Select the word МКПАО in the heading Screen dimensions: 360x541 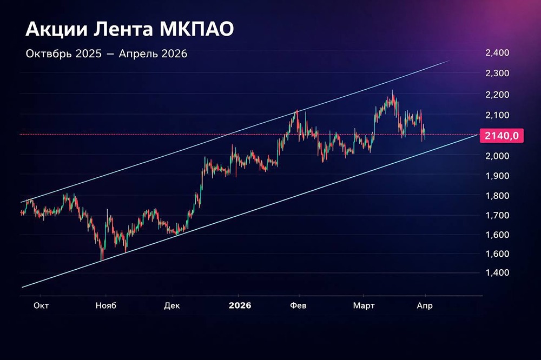click(x=196, y=30)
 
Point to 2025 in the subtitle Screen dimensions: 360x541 click(x=87, y=54)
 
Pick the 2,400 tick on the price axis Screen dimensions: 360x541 click(x=497, y=53)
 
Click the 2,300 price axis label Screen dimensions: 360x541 click(x=497, y=74)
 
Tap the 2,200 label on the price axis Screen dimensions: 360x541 click(x=497, y=95)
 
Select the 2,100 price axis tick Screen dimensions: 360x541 click(x=497, y=115)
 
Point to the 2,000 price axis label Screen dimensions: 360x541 click(x=497, y=156)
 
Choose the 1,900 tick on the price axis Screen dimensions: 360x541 click(x=497, y=176)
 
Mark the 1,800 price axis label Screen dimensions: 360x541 click(x=497, y=196)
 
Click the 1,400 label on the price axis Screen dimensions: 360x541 click(x=497, y=272)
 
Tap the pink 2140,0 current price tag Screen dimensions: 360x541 click(x=502, y=135)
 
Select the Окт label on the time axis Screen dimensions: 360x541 click(x=41, y=305)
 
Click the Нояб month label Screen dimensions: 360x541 click(x=106, y=305)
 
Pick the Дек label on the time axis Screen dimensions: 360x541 click(x=172, y=305)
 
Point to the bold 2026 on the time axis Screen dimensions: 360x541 click(x=240, y=305)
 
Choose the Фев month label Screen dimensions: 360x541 click(x=298, y=305)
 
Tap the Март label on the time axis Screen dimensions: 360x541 click(x=364, y=305)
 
